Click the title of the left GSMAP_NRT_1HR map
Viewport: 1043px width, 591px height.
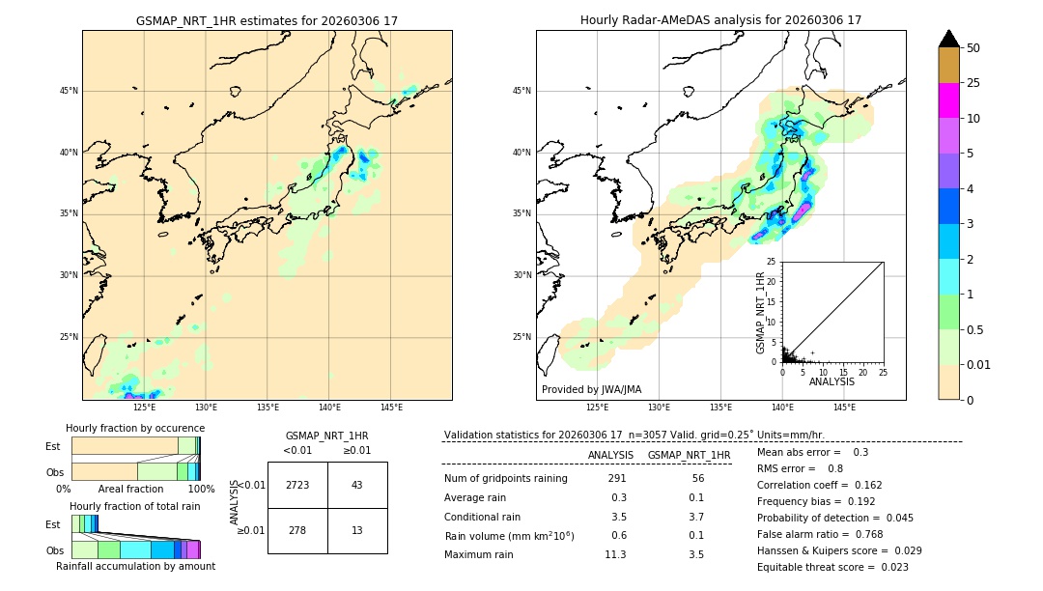pos(267,20)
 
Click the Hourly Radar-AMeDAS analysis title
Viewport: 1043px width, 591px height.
pos(720,20)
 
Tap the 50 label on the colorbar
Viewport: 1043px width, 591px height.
pos(973,47)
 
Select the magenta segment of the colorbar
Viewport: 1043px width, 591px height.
pos(948,100)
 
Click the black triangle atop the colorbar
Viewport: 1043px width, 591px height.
pos(948,39)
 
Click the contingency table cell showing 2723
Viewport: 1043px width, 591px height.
pos(297,485)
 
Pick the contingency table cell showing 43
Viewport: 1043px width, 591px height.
pos(356,485)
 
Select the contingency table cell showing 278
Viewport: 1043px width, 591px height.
pos(297,530)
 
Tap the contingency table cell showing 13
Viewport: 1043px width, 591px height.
pos(356,530)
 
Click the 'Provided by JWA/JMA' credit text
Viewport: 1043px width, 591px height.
pos(591,389)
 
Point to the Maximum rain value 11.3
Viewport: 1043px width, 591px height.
pos(615,554)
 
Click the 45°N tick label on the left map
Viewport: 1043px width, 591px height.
pos(68,91)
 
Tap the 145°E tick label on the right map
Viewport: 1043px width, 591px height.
pos(844,408)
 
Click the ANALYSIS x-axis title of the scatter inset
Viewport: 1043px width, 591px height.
pos(832,382)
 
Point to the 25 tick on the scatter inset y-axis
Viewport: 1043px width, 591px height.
pos(772,262)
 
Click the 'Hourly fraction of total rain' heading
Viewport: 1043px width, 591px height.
pos(135,506)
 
